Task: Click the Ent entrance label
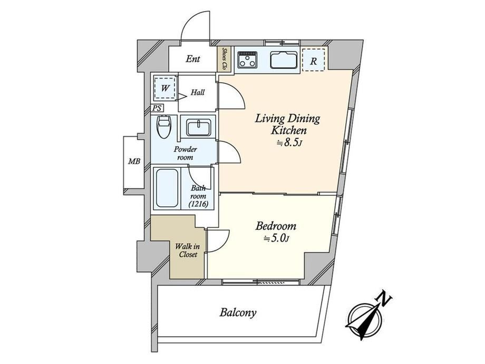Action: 193,59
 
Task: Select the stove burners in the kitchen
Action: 247,60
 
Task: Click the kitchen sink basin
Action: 284,60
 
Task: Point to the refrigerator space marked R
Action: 313,60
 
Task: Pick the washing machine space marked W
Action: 165,88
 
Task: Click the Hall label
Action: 197,92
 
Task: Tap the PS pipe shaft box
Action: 157,108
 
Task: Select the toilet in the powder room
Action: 164,127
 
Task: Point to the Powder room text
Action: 185,153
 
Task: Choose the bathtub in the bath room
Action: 167,188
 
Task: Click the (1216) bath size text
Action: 198,204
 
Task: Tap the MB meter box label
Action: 134,161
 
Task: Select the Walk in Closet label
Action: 188,251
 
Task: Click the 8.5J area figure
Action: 289,142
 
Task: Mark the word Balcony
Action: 238,313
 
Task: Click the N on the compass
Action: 384,299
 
